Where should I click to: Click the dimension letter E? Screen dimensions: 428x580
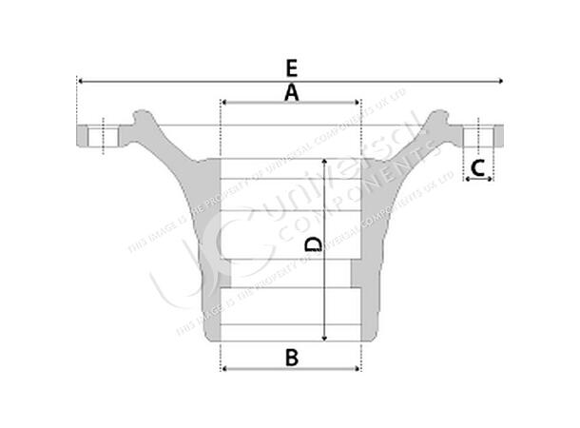[x=291, y=68]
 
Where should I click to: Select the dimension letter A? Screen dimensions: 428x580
[x=291, y=91]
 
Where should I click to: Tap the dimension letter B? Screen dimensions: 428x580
[x=292, y=358]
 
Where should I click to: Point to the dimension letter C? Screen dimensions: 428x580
[x=479, y=168]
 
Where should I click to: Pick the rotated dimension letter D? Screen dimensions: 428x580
[x=315, y=245]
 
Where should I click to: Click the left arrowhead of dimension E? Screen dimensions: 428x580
[x=80, y=82]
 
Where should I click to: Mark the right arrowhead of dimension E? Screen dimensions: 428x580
[x=500, y=82]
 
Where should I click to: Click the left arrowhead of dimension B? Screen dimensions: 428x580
[x=223, y=369]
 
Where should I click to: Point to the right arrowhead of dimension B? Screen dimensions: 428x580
[x=359, y=369]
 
